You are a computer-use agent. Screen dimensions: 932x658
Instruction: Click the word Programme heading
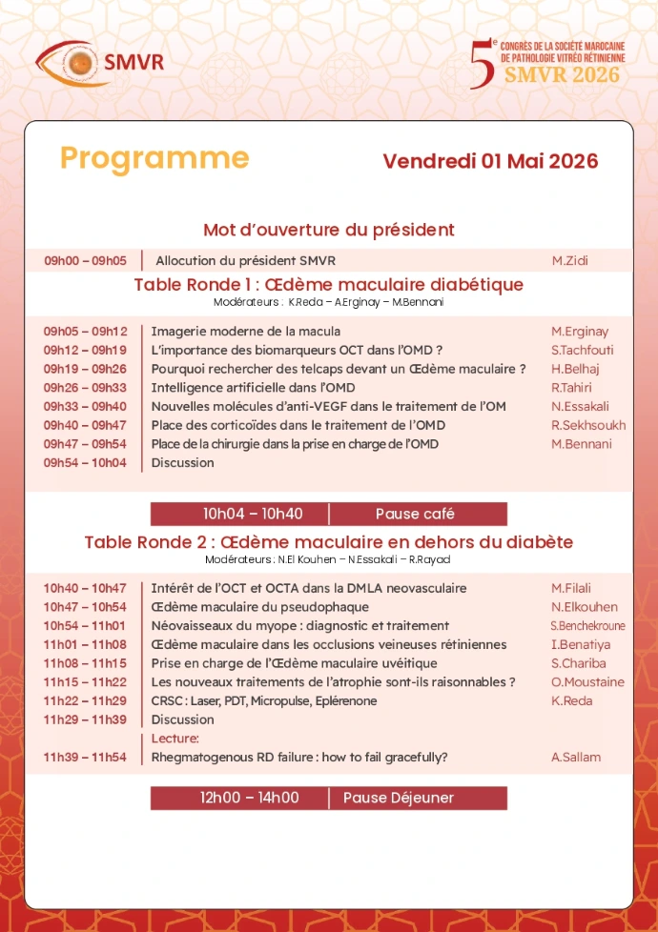coord(154,158)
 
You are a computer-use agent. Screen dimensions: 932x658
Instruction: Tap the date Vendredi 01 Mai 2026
coord(490,161)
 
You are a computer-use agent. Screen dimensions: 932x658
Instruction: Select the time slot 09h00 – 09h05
coord(85,260)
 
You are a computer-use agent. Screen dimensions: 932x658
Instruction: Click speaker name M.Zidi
coord(568,260)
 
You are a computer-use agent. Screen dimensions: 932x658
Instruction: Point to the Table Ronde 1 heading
coord(328,284)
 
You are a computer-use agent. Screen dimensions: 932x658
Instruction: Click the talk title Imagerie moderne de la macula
coord(245,331)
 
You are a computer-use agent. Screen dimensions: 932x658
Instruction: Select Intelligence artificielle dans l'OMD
coord(253,387)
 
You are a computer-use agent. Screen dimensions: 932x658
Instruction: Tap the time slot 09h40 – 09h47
coord(85,425)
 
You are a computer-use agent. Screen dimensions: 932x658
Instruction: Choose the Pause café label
coord(415,514)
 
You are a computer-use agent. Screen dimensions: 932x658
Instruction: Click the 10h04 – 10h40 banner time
coord(253,514)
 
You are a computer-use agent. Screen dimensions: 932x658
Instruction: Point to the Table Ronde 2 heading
coord(328,542)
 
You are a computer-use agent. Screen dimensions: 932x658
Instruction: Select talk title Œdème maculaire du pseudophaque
coord(259,607)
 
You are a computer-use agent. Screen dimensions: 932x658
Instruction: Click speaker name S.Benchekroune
coord(588,626)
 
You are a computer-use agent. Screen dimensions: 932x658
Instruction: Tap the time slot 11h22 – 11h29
coord(85,700)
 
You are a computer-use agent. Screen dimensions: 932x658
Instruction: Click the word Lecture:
coord(175,739)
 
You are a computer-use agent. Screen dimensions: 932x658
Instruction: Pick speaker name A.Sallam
coord(576,758)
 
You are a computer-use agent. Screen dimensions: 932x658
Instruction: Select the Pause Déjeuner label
coord(399,798)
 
